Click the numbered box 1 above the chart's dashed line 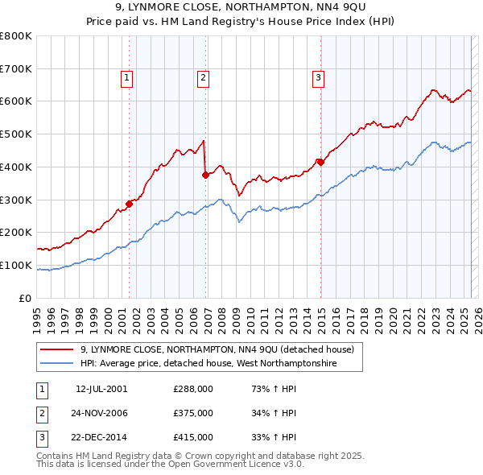point(127,78)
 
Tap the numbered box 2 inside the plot point(203,78)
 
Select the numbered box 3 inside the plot point(319,78)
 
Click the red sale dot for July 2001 point(129,203)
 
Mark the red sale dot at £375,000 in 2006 point(206,174)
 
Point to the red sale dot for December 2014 point(320,161)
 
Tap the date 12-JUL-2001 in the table point(101,389)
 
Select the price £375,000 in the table point(193,413)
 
